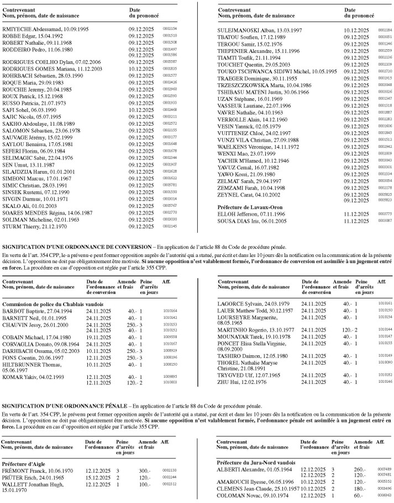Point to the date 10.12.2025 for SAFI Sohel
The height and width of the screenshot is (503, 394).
140,110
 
